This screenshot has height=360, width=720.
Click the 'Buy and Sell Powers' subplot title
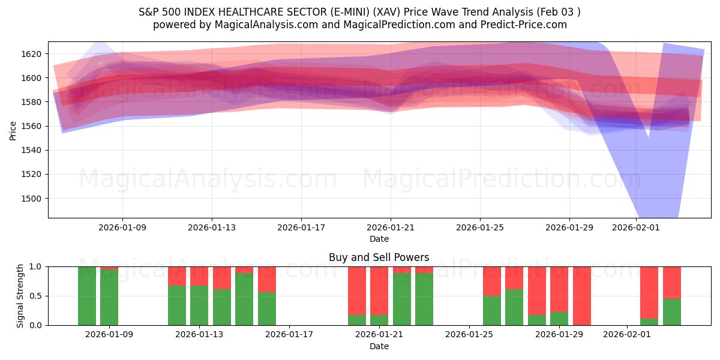click(x=379, y=257)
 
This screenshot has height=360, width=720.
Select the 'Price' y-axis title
click(x=13, y=130)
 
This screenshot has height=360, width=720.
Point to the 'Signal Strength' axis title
click(x=20, y=296)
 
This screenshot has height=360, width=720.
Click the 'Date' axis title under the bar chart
click(x=379, y=346)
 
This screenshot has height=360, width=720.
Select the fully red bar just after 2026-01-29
click(x=582, y=296)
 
